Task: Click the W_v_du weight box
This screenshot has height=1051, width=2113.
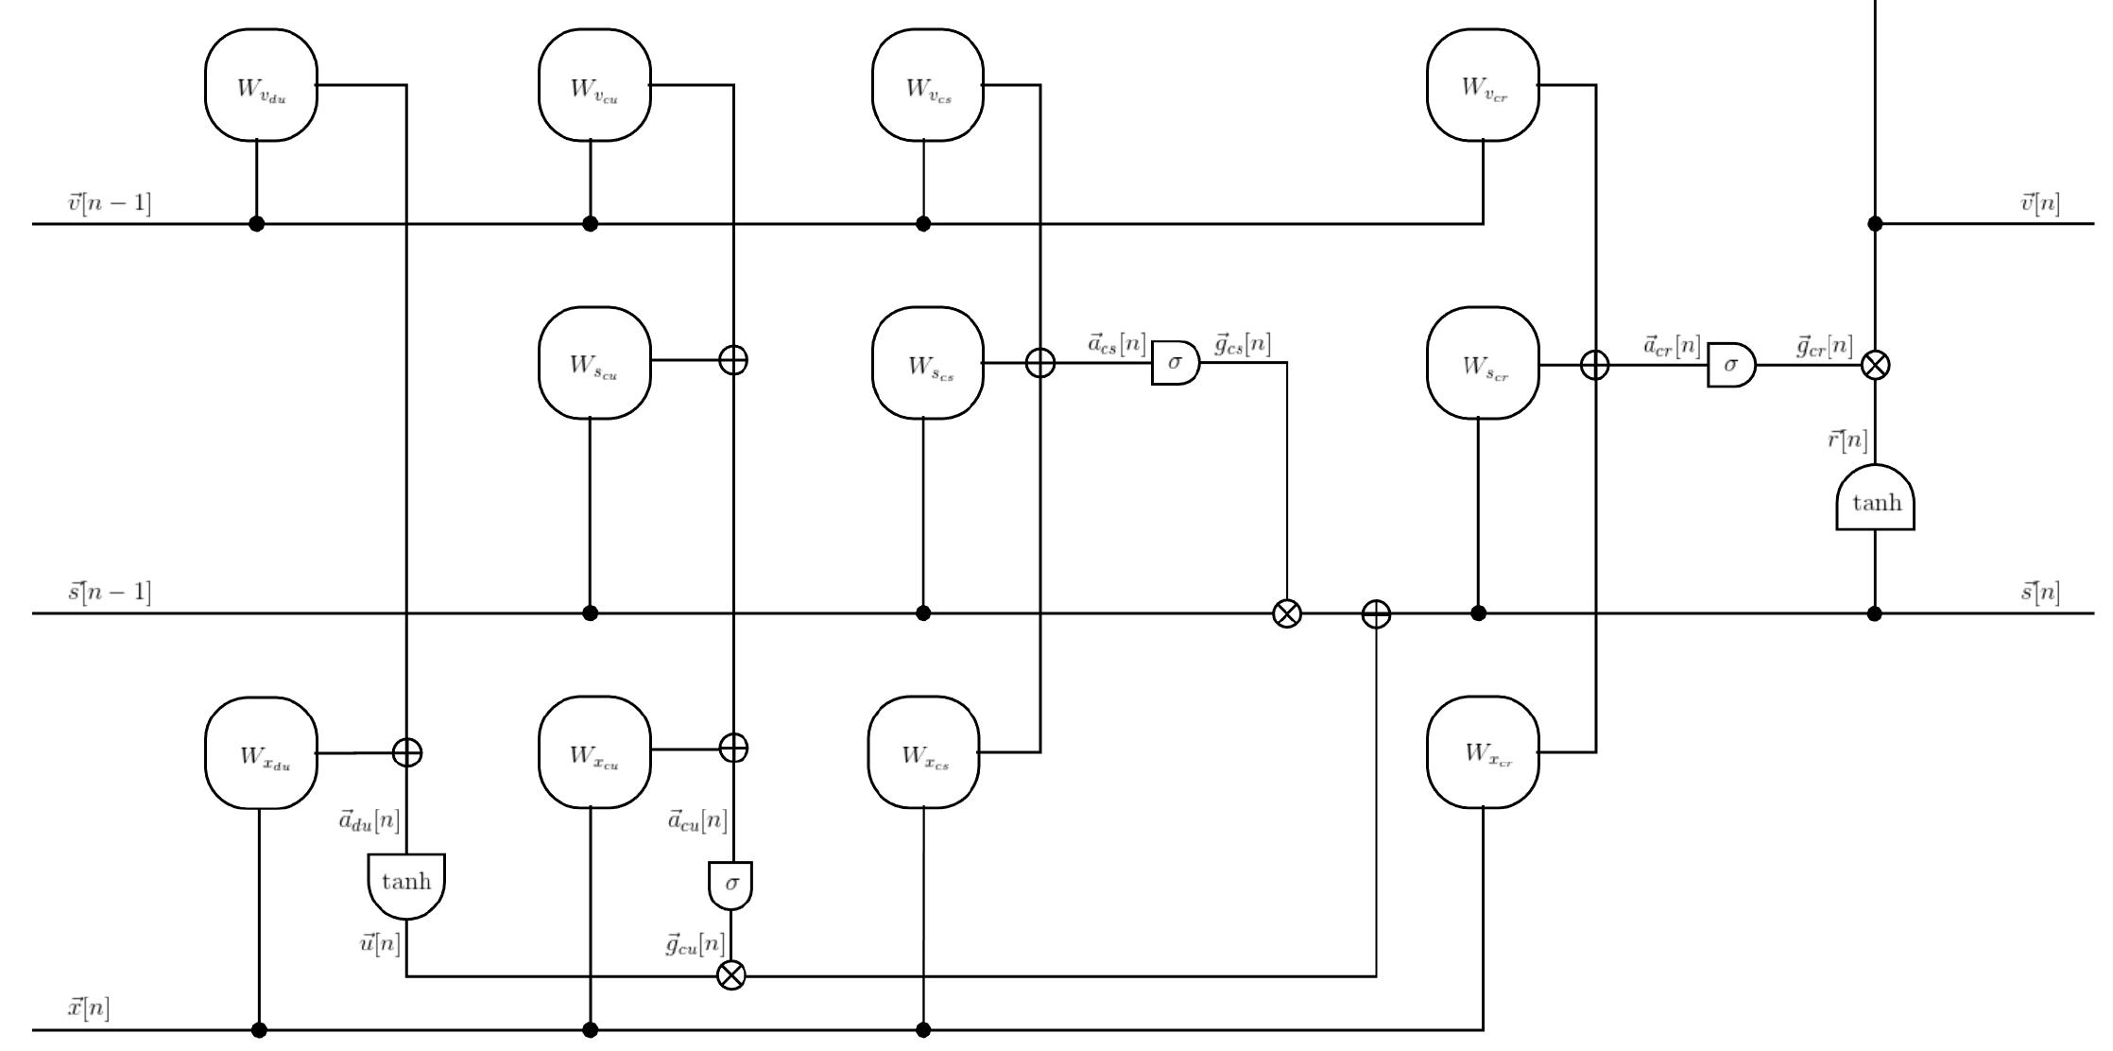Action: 261,85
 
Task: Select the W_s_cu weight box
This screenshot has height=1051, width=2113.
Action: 594,362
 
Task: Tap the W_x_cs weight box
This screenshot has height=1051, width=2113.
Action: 924,752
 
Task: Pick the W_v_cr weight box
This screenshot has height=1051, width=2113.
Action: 1483,85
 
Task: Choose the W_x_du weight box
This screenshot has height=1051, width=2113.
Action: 261,753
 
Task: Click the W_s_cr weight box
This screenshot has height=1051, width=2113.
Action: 1483,362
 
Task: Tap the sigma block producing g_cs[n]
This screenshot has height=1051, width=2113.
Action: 1175,363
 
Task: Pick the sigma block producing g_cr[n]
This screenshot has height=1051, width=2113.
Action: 1730,365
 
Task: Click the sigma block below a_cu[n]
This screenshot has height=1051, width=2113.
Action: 730,885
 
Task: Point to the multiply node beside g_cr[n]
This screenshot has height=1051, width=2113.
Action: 1875,365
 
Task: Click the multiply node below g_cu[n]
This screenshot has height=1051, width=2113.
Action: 731,975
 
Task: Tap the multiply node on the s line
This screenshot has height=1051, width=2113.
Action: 1286,613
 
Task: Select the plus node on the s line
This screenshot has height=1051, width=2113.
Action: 1376,613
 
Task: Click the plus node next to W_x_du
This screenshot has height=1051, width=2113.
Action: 407,752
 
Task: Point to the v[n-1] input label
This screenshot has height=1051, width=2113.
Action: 110,203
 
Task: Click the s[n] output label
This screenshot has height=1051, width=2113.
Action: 2040,593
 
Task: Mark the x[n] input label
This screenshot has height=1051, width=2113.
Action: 88,1008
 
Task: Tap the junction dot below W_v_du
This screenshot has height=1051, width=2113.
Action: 256,224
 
